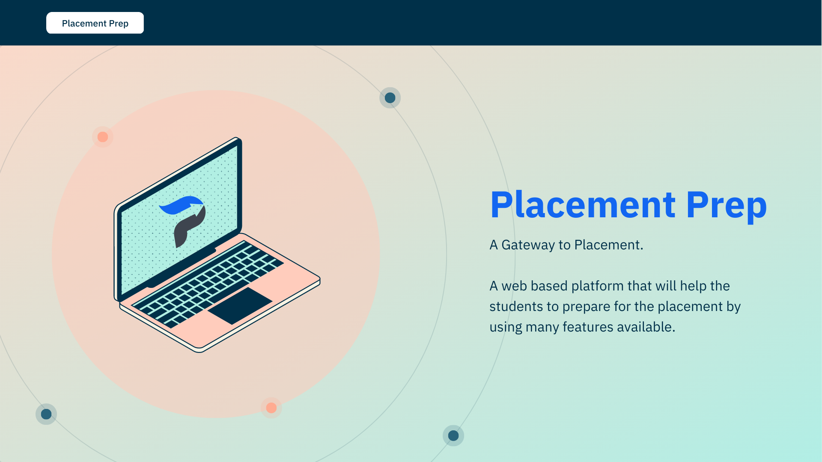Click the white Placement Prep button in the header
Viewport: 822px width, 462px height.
pyautogui.click(x=95, y=23)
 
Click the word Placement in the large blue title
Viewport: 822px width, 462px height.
pyautogui.click(x=583, y=205)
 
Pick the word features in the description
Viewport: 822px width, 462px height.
pyautogui.click(x=588, y=327)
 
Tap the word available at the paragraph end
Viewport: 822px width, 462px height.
pyautogui.click(x=646, y=327)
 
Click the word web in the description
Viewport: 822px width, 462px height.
pyautogui.click(x=514, y=286)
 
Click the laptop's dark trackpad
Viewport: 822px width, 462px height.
pyautogui.click(x=240, y=305)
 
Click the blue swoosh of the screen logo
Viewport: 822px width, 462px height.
pyautogui.click(x=182, y=205)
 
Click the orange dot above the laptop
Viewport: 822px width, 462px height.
pyautogui.click(x=103, y=137)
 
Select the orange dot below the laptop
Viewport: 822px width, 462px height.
pyautogui.click(x=271, y=408)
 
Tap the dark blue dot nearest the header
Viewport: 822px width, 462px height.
pyautogui.click(x=390, y=98)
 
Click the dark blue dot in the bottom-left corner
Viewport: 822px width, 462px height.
pyautogui.click(x=46, y=414)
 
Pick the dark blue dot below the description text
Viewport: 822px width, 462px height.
pyautogui.click(x=453, y=435)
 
